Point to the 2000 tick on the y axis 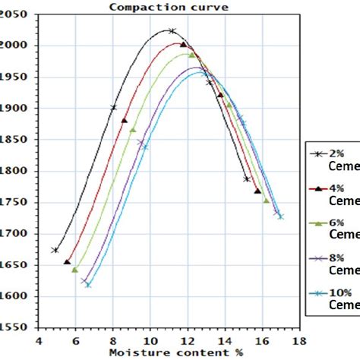17,46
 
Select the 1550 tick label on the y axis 17,327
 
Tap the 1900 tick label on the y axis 17,108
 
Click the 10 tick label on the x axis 150,341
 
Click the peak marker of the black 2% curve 171,31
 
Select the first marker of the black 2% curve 55,250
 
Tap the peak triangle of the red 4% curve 183,45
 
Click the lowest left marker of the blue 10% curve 88,285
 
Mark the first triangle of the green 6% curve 75,270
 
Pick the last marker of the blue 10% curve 281,216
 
